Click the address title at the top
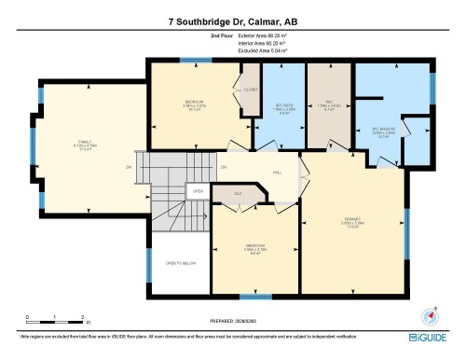pos(233,20)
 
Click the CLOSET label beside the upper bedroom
pos(250,90)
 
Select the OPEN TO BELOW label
pos(179,264)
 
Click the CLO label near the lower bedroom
pos(237,193)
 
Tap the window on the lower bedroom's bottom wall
pos(249,297)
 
